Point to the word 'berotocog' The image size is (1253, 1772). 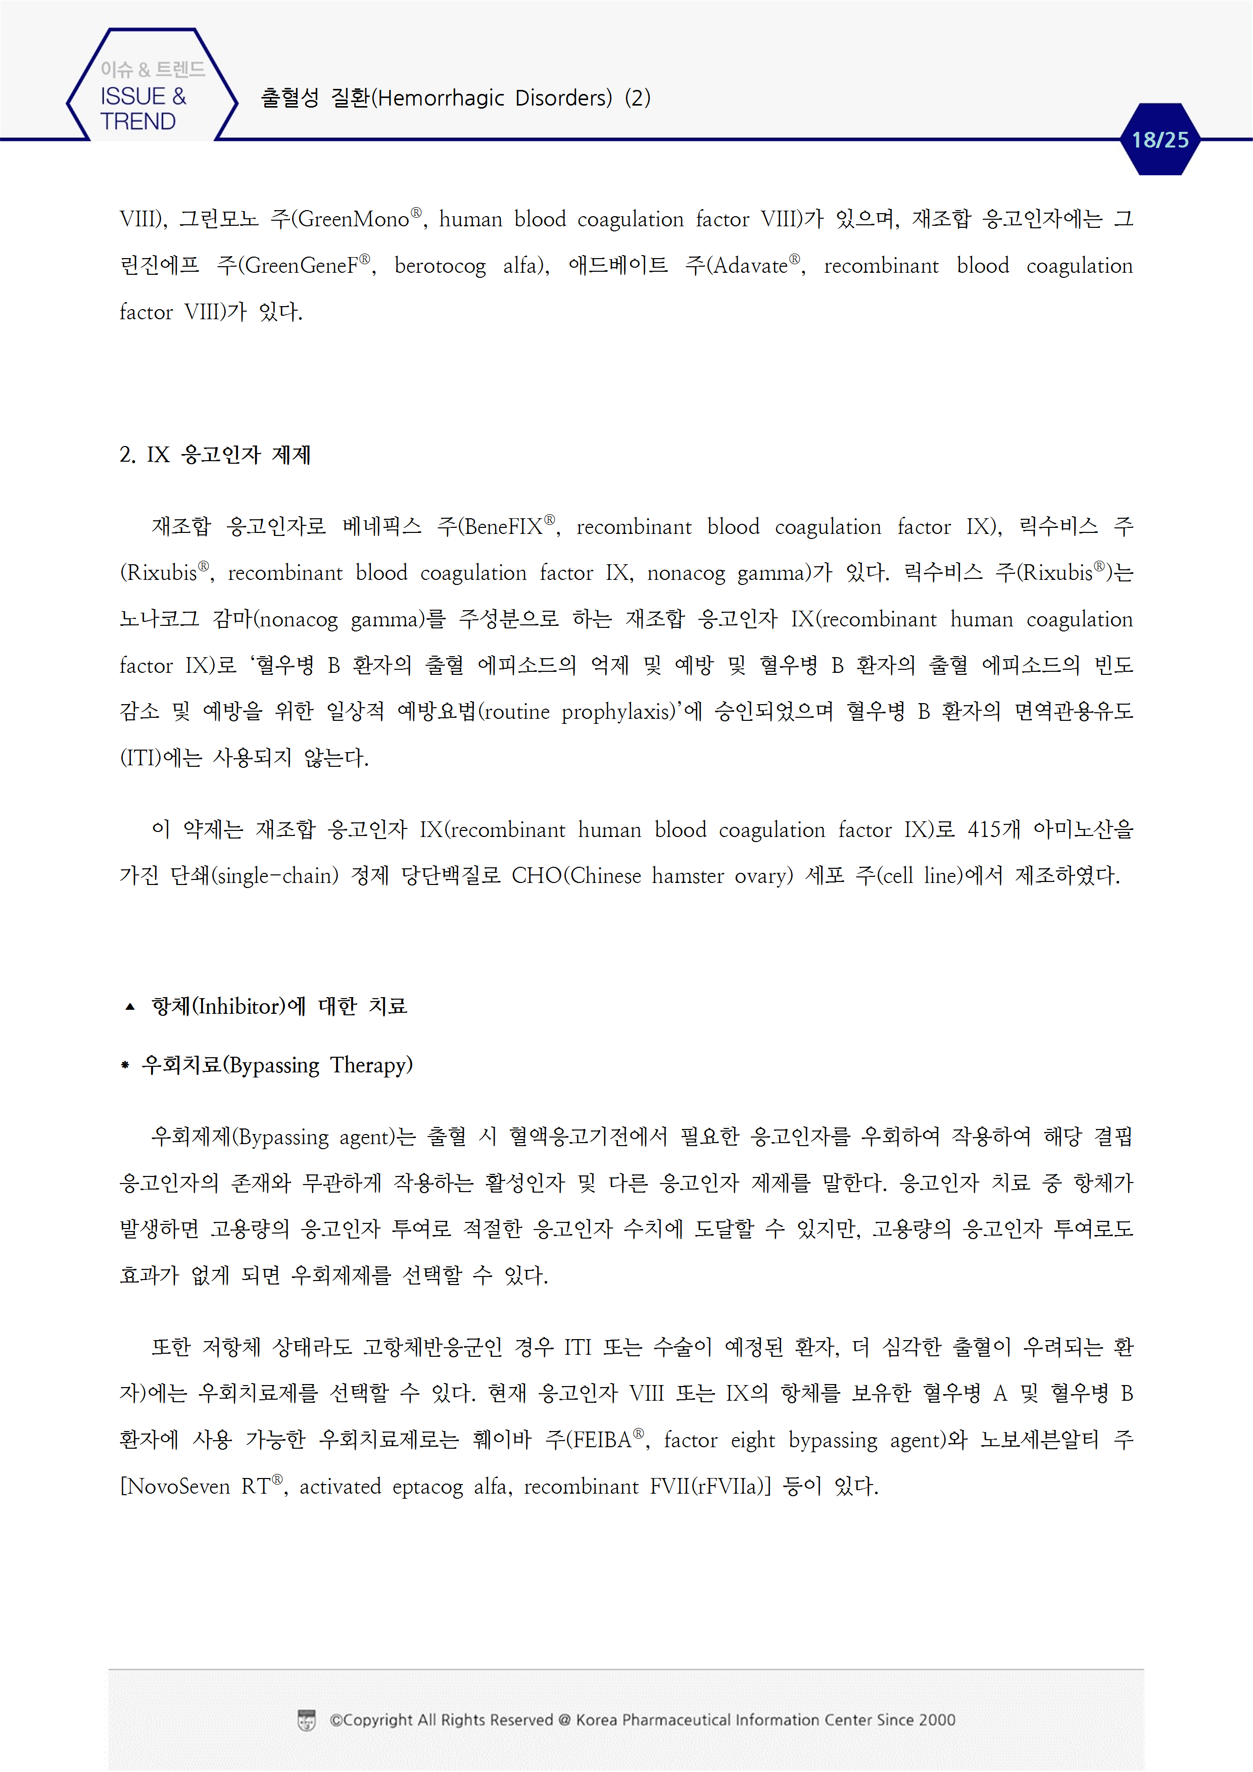point(440,266)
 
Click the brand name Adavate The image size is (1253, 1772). point(750,266)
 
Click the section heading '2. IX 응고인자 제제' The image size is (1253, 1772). point(215,455)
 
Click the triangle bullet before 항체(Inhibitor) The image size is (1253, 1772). point(130,1006)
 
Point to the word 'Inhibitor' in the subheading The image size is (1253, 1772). point(239,1006)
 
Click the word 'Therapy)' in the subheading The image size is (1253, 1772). point(371,1066)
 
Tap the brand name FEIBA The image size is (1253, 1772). point(602,1440)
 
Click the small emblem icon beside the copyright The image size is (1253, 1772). point(307,1720)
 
